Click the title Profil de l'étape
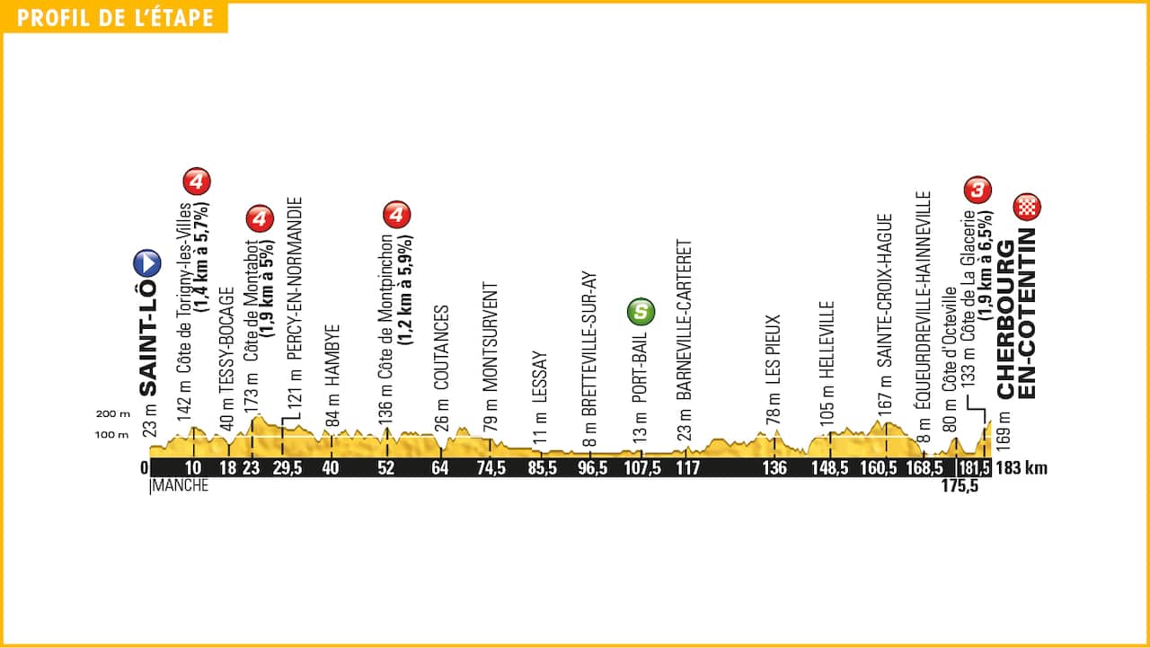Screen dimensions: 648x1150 tap(115, 18)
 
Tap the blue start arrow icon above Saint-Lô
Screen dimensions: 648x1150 tap(147, 263)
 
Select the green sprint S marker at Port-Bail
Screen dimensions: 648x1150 tap(641, 312)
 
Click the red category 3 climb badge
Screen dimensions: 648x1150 tap(977, 190)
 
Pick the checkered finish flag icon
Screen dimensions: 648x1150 tap(1025, 208)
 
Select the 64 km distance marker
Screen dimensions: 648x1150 tap(440, 468)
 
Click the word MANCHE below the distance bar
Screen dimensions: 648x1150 tap(181, 486)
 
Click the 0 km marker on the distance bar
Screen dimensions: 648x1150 tap(144, 468)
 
